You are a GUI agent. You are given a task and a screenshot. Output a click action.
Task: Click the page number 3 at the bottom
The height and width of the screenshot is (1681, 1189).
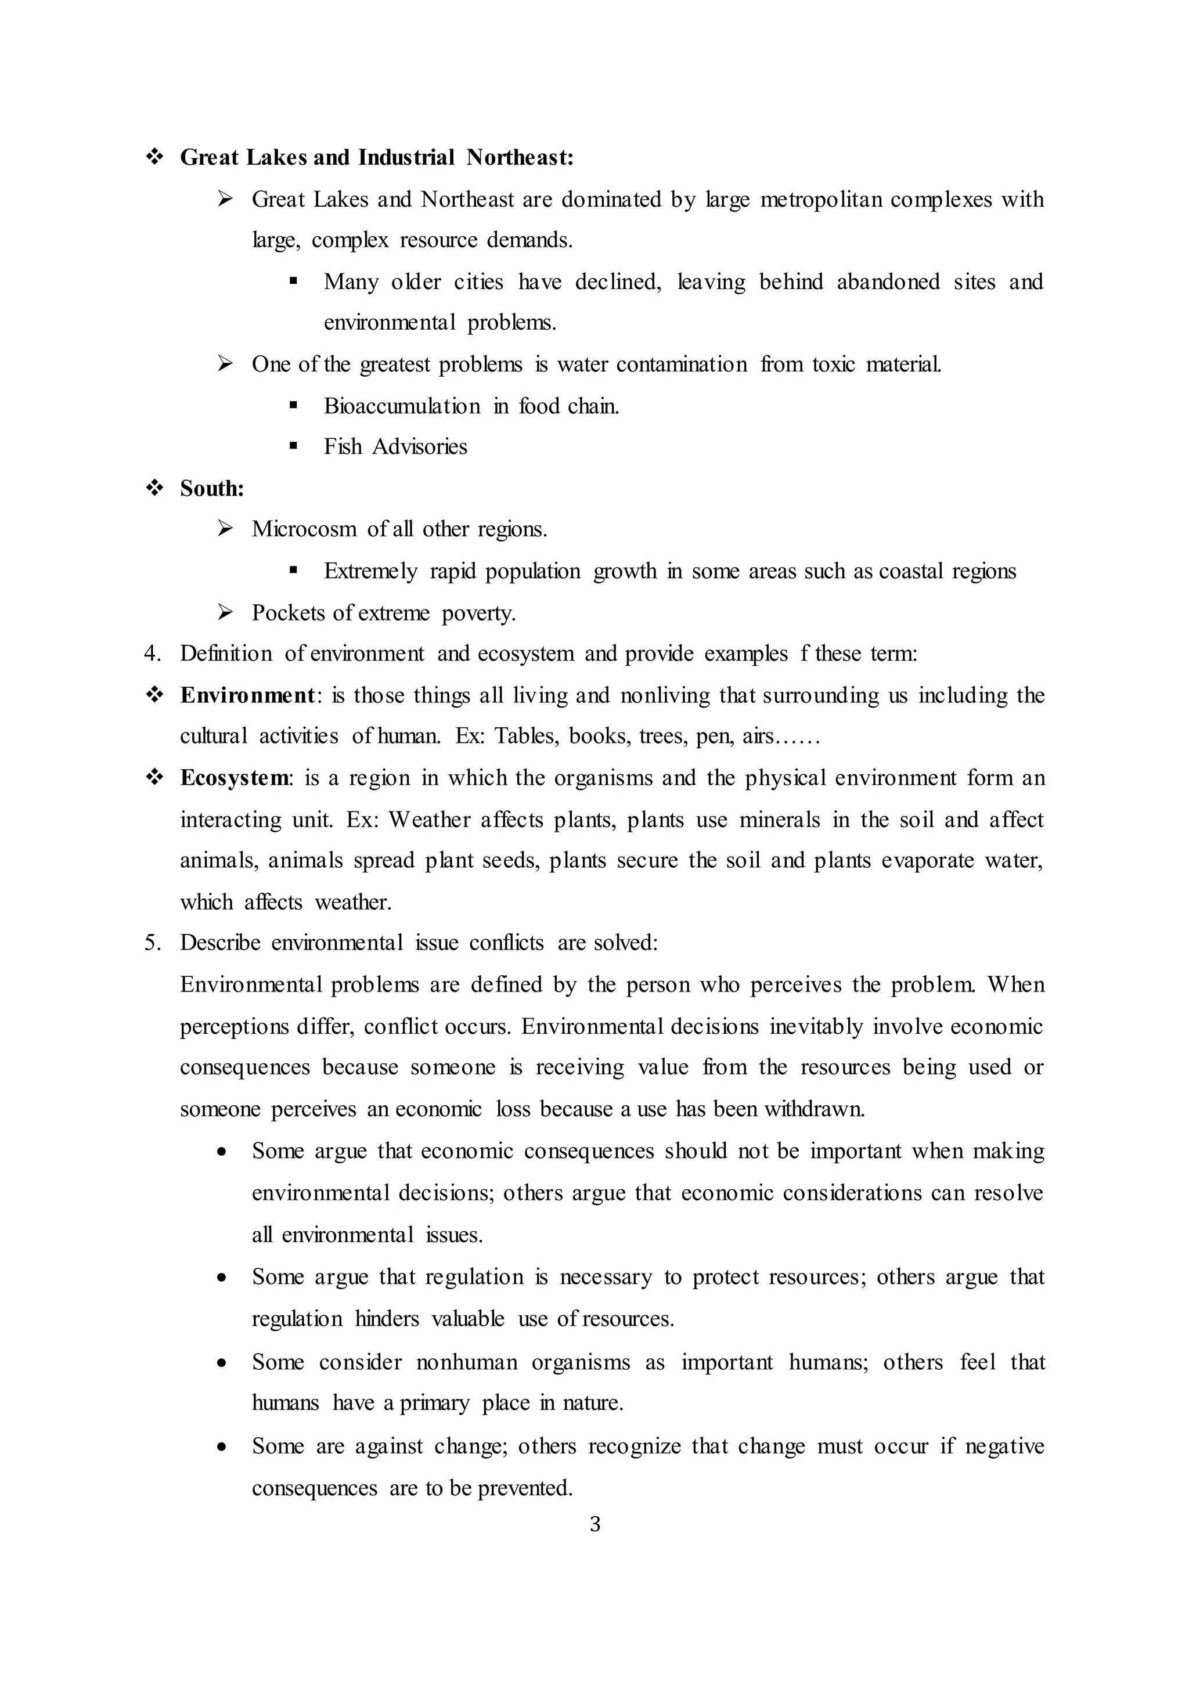tap(594, 1524)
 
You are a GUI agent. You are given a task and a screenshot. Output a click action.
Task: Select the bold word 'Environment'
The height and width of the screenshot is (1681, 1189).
tap(247, 695)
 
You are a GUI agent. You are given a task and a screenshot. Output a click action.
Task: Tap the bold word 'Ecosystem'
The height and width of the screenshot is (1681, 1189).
tap(235, 778)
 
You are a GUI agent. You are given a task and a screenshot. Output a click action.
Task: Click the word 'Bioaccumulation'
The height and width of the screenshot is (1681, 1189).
tap(402, 406)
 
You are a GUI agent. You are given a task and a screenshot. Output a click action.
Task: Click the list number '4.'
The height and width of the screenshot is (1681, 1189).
tap(152, 653)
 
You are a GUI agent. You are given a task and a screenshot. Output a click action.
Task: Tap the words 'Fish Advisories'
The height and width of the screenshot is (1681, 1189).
tap(395, 446)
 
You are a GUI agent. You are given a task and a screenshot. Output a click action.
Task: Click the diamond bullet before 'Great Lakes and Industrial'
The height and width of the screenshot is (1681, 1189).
tap(154, 157)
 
